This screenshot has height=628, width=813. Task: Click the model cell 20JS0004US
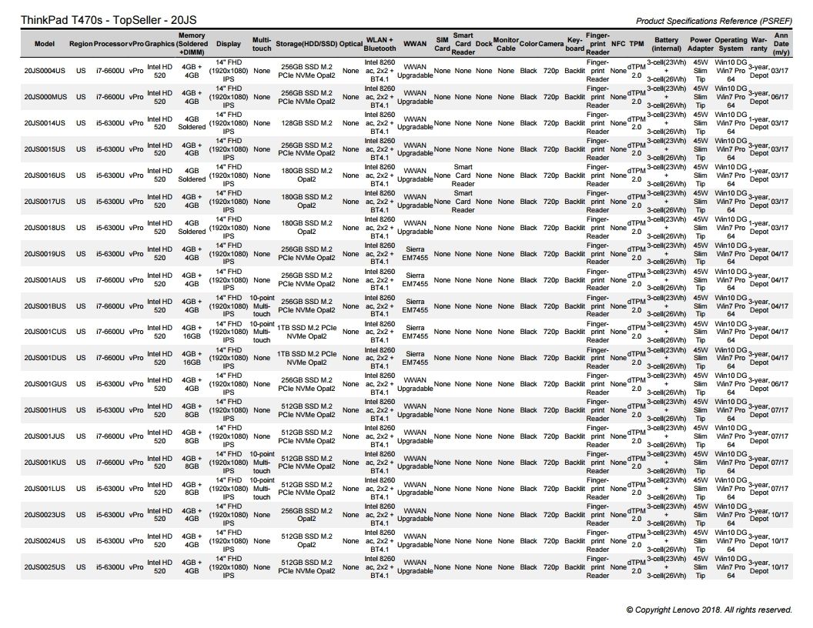(x=45, y=72)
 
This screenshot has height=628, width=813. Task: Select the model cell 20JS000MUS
(x=45, y=98)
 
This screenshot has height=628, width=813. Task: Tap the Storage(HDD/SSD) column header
(x=306, y=45)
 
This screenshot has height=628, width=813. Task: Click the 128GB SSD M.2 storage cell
(x=306, y=123)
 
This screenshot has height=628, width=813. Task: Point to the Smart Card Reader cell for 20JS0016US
(x=463, y=175)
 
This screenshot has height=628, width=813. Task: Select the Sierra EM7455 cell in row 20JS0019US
(x=415, y=254)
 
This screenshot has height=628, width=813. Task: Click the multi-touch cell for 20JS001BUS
(x=262, y=306)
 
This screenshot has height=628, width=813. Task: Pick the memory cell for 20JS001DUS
(x=192, y=358)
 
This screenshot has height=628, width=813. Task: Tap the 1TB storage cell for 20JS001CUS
(x=306, y=332)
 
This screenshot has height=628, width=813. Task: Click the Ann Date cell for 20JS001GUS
(x=780, y=384)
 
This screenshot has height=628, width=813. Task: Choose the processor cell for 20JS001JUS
(x=109, y=436)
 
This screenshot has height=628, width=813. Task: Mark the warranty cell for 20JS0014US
(x=759, y=123)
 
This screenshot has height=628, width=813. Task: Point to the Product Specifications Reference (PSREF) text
(x=714, y=21)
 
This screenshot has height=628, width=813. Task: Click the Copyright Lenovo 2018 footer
(x=709, y=610)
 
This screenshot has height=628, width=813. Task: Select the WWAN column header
(x=415, y=45)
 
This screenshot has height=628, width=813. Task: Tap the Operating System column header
(x=731, y=45)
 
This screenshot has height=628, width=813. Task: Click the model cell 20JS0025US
(x=45, y=567)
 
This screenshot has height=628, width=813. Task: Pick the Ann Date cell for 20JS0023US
(x=780, y=515)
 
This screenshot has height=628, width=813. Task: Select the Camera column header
(x=551, y=45)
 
